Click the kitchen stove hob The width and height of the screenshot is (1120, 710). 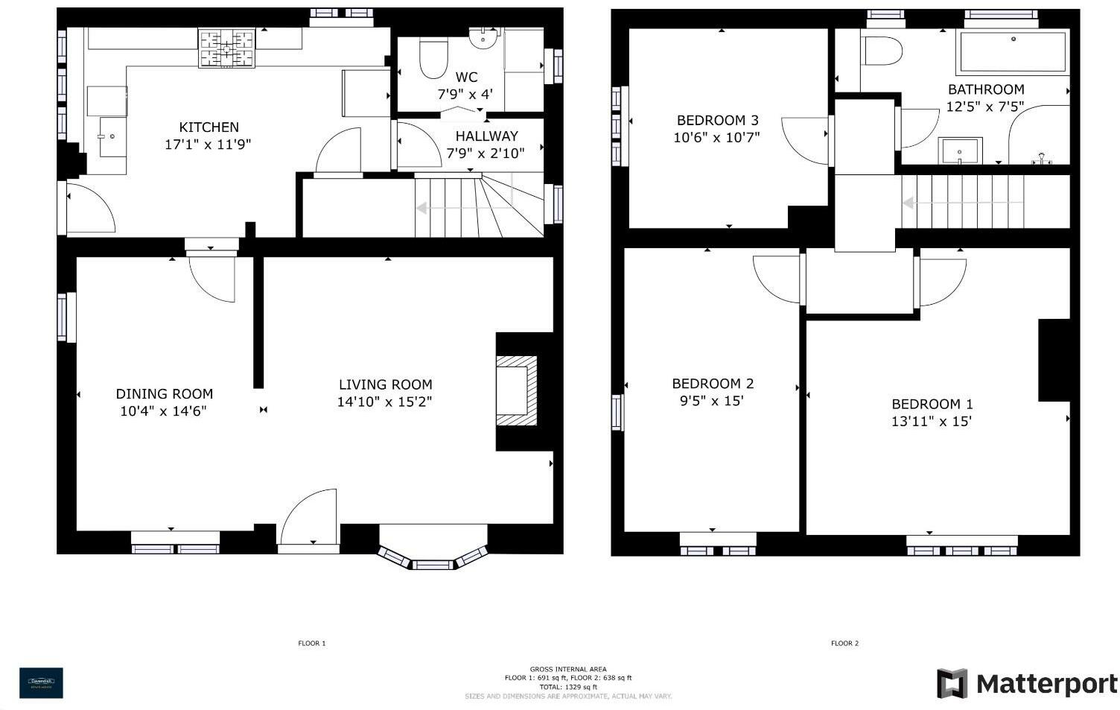[226, 48]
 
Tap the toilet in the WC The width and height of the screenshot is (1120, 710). [433, 58]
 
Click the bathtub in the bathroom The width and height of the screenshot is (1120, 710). [1012, 51]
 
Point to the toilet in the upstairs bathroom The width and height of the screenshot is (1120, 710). [882, 51]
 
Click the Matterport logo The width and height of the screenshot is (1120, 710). [1027, 683]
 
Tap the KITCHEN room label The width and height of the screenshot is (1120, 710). [209, 127]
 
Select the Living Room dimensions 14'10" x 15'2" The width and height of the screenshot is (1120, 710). [384, 402]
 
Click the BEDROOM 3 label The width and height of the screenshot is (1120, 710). [717, 120]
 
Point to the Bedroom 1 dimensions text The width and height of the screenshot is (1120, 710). [932, 421]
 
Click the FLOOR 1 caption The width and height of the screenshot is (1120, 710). [312, 643]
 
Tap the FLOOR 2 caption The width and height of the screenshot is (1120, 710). [844, 643]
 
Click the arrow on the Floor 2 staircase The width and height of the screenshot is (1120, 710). [909, 203]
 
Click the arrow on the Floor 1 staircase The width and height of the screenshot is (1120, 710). [422, 208]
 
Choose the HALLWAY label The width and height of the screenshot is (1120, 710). [486, 136]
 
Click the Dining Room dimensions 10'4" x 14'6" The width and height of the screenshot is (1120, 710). [163, 411]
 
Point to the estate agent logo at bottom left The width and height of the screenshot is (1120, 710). [41, 682]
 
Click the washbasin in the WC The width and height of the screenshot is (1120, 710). [483, 36]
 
